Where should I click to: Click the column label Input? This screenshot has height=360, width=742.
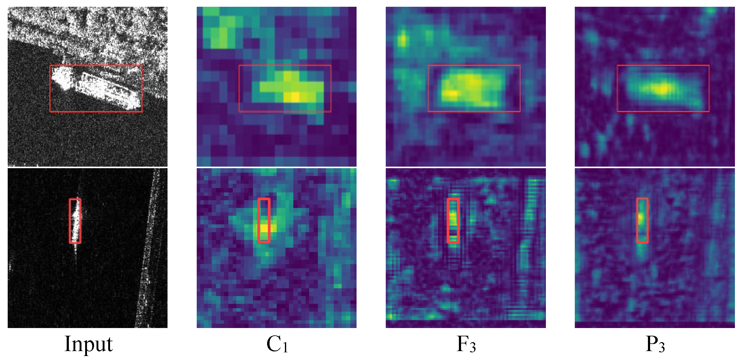tap(89, 343)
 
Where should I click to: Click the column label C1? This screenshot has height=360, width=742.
tap(277, 343)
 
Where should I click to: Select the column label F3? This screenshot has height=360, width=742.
tap(466, 343)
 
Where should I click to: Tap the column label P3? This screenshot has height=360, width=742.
tap(655, 343)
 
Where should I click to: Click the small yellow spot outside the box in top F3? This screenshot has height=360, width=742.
tap(402, 40)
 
